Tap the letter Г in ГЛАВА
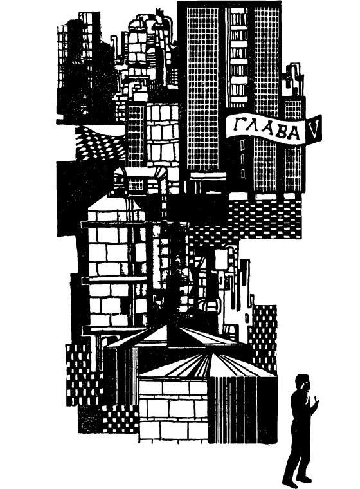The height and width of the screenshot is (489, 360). point(239,124)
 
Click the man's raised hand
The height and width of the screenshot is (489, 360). point(316,402)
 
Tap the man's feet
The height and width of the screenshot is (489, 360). point(298,480)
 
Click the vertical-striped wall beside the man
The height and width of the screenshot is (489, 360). point(242,409)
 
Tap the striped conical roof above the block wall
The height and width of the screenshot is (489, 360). point(207,365)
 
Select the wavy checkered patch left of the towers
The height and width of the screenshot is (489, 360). point(100,143)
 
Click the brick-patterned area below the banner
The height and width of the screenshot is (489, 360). point(265,219)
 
